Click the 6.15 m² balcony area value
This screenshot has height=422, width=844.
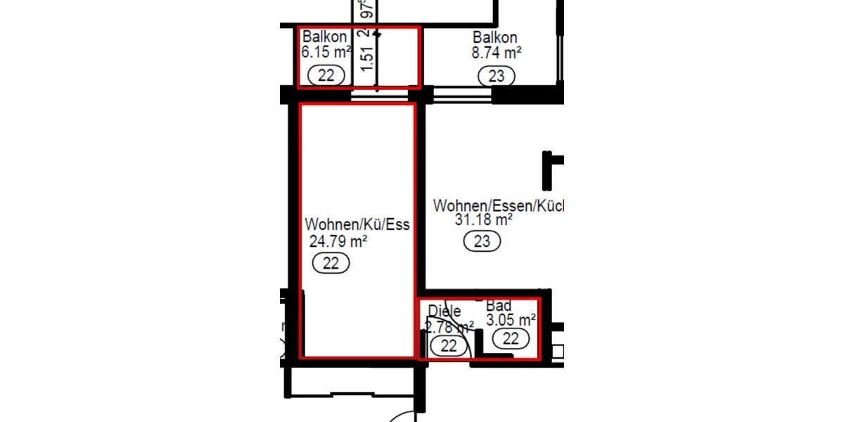click(x=326, y=52)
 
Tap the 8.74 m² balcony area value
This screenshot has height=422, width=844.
click(x=496, y=52)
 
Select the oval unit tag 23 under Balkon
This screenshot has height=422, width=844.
click(x=496, y=75)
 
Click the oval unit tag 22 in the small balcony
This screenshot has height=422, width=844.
click(x=326, y=75)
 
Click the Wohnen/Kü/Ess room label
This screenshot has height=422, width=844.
click(x=357, y=225)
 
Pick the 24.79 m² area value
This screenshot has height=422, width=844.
click(x=338, y=242)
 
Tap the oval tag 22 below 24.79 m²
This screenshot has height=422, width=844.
click(x=331, y=264)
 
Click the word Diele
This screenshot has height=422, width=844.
click(x=444, y=311)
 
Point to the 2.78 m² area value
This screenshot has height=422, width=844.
click(x=449, y=326)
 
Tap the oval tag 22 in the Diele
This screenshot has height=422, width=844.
click(x=448, y=345)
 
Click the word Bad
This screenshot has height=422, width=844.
click(x=499, y=306)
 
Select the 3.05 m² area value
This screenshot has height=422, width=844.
click(x=511, y=321)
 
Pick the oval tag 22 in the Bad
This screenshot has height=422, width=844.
click(x=511, y=338)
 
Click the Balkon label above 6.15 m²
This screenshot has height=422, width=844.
click(x=324, y=37)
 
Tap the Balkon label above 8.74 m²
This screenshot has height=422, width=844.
click(x=495, y=37)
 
